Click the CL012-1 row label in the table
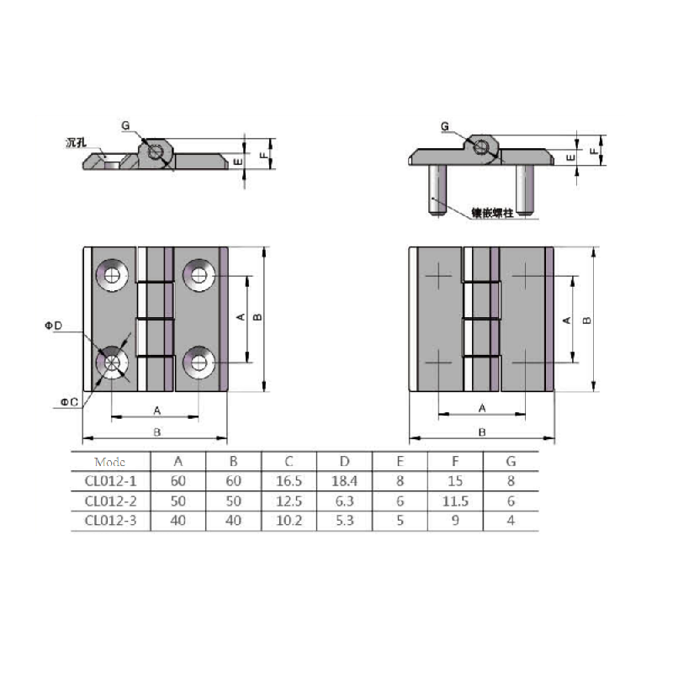[110, 481]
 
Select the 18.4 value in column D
[344, 481]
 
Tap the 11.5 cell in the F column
[455, 501]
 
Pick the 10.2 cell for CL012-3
[289, 521]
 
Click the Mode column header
[110, 462]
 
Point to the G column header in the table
[511, 461]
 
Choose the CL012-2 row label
[110, 501]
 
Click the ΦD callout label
[54, 326]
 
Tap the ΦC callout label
[69, 402]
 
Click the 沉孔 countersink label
[76, 143]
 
